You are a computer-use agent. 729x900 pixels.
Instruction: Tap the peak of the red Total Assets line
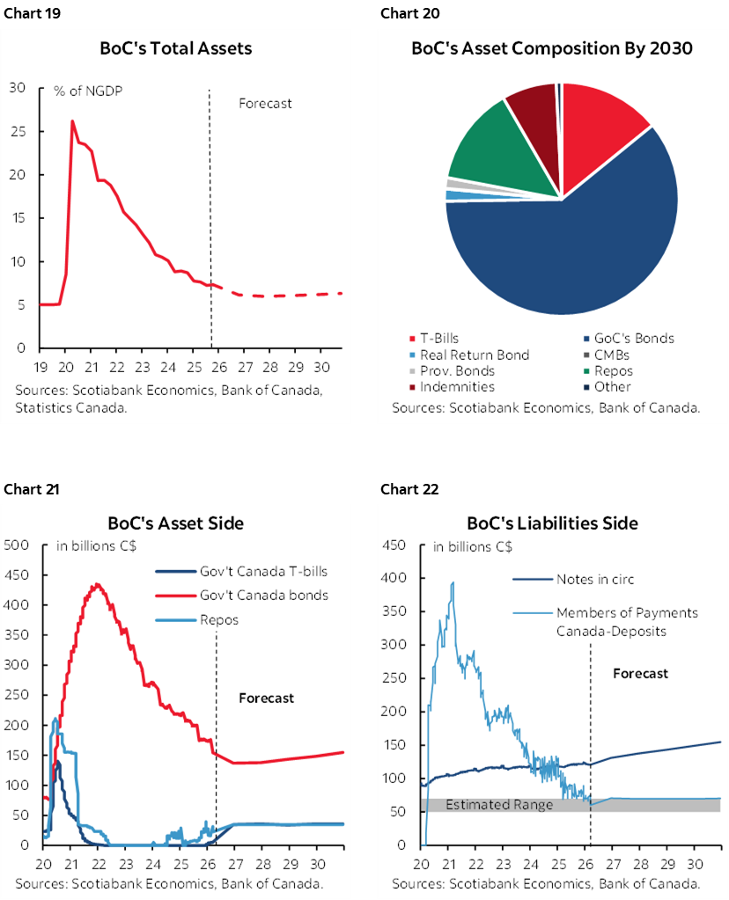point(72,121)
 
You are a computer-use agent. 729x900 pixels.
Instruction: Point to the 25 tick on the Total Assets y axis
point(18,131)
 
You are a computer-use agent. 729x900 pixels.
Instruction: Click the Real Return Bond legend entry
point(474,355)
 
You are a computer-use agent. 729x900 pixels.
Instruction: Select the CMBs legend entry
point(622,355)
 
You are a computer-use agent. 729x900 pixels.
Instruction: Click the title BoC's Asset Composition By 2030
point(552,48)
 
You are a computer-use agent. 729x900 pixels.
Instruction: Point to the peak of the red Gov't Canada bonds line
point(97,584)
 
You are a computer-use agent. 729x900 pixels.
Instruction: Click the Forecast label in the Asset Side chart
point(266,698)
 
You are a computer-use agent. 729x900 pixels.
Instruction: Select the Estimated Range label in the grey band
point(499,804)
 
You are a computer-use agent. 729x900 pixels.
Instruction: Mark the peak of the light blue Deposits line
point(453,582)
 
